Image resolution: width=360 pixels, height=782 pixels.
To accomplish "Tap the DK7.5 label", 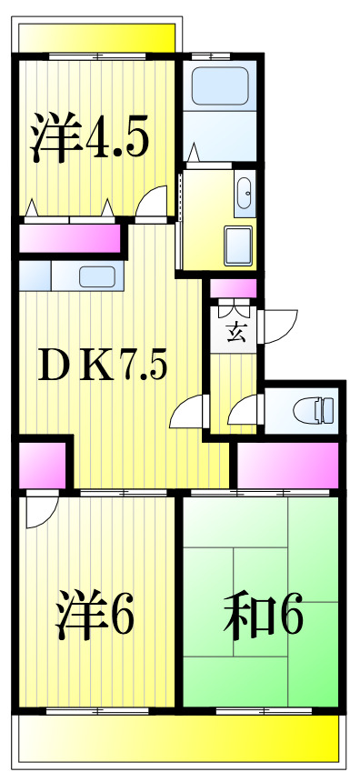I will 102,366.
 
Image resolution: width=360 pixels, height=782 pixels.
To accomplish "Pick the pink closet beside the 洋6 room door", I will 42,465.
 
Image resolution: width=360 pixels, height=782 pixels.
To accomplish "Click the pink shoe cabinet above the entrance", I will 234,290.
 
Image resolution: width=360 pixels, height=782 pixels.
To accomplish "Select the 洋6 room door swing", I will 41,512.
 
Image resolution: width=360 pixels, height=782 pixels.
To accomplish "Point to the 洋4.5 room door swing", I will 154,202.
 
